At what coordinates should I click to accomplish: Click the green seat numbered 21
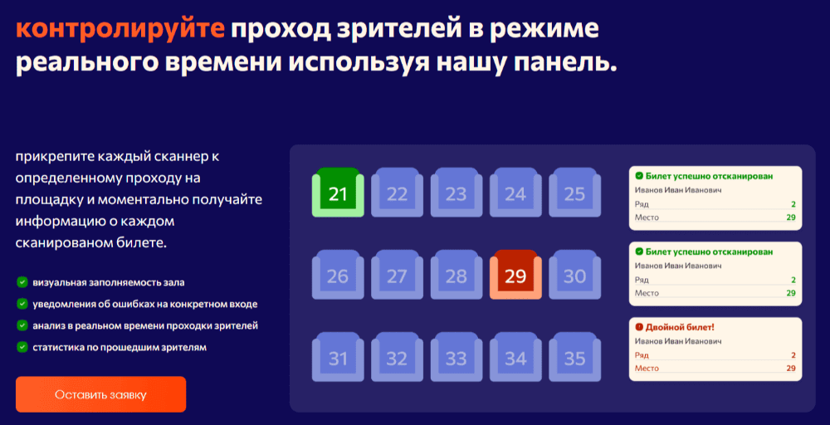pos(338,192)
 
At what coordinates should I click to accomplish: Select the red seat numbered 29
pos(515,275)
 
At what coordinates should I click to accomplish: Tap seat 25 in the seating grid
pos(575,192)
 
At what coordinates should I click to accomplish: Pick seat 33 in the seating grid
pos(456,357)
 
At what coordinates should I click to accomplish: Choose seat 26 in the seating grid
pos(338,275)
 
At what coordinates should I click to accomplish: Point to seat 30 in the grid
pos(575,275)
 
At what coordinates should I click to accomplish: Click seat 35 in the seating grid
pos(575,357)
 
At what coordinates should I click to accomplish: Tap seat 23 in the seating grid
pos(456,192)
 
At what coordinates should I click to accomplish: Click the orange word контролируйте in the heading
pos(120,30)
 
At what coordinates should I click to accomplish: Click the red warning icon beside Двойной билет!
pos(639,327)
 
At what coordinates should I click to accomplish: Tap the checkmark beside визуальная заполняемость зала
pos(22,282)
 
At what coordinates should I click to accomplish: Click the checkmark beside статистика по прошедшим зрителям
pos(22,347)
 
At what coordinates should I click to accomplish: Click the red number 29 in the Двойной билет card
pos(791,369)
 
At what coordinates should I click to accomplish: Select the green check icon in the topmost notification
pos(639,176)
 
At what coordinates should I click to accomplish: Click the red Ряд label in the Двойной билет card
pos(642,355)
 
